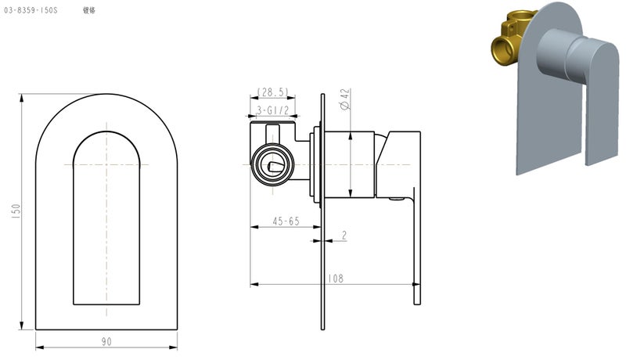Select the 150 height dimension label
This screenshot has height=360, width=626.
16,211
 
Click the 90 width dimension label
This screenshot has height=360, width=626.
106,341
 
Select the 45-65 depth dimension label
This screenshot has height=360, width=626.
284,221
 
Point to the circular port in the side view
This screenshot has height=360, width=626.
271,164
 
